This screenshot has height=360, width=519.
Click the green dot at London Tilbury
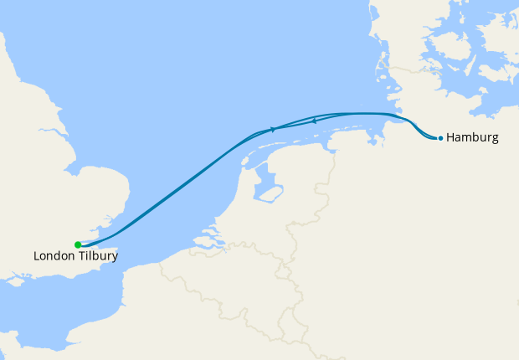[x=78, y=244]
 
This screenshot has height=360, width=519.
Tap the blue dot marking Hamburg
[x=440, y=138]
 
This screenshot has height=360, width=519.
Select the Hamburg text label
[x=473, y=137]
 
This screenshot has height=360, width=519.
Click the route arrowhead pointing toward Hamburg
[x=274, y=129]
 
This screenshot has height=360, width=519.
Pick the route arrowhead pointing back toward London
[x=313, y=121]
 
